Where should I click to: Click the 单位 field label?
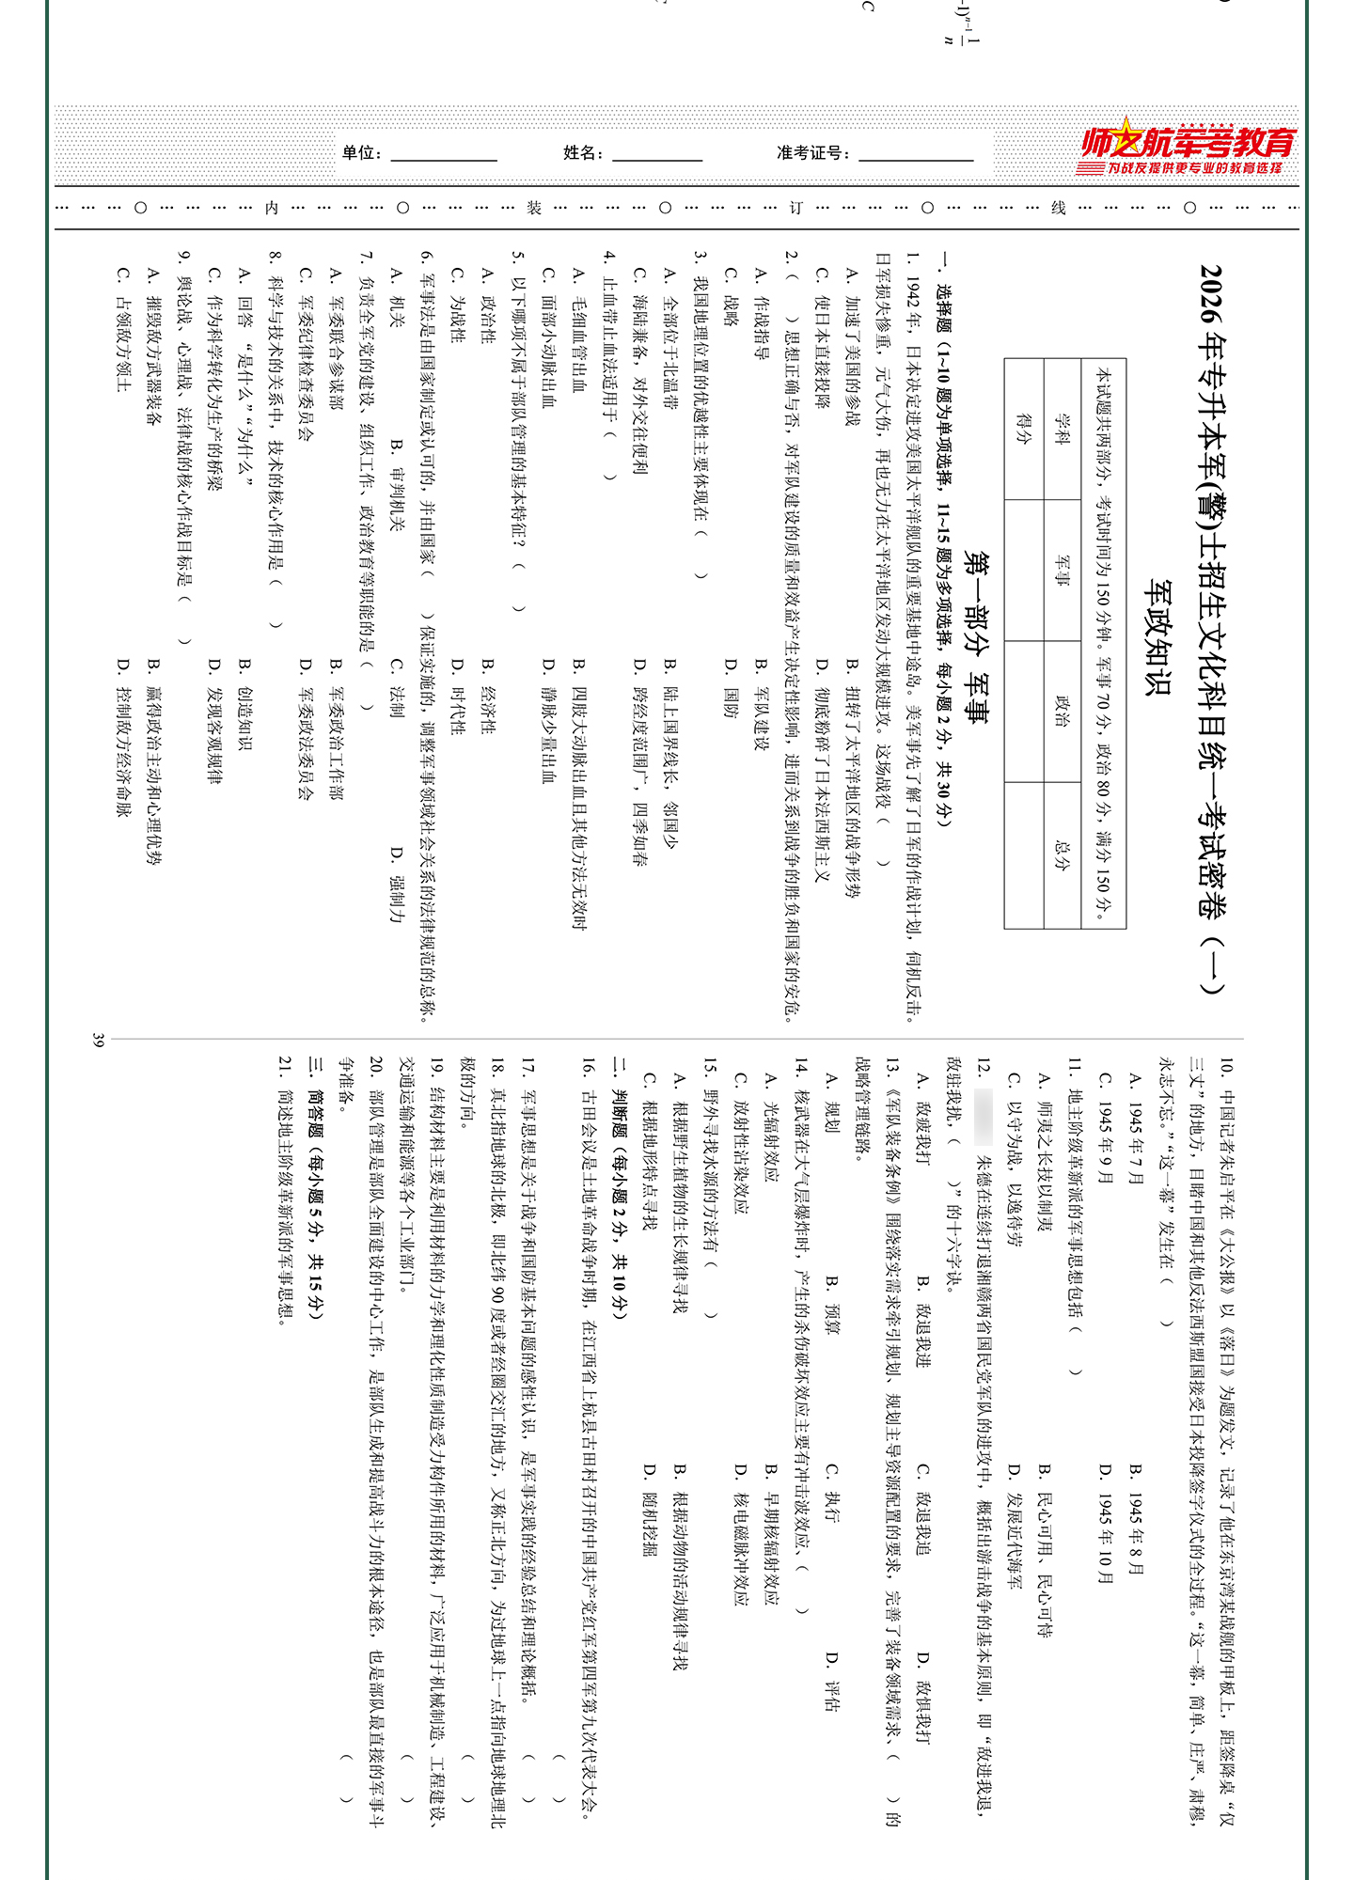click(x=361, y=153)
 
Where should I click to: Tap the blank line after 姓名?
click(x=657, y=155)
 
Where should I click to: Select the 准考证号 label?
click(x=813, y=153)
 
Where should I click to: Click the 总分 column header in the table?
click(x=1063, y=854)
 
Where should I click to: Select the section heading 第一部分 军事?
click(x=977, y=639)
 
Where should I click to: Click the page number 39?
click(x=98, y=1040)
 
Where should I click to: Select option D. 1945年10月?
click(x=1106, y=1523)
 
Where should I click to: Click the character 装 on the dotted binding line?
click(x=534, y=208)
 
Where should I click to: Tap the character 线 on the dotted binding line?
click(x=1058, y=208)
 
